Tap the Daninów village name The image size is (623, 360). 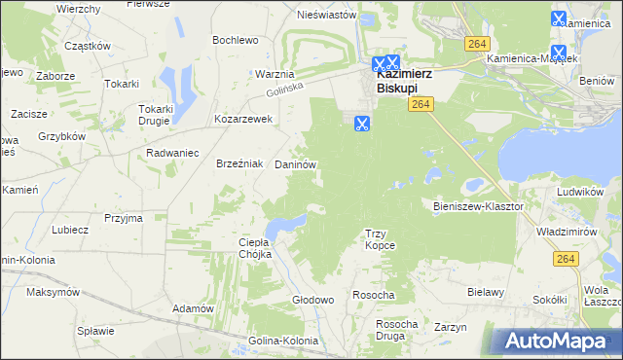click(296, 166)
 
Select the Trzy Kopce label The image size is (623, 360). click(380, 239)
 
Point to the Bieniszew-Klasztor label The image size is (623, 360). click(478, 207)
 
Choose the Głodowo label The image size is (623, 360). click(313, 301)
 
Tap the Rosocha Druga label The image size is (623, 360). click(397, 330)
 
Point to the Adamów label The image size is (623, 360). click(193, 308)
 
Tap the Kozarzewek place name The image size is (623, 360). click(243, 120)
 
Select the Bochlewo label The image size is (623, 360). click(236, 40)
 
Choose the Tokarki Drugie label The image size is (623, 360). click(156, 115)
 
